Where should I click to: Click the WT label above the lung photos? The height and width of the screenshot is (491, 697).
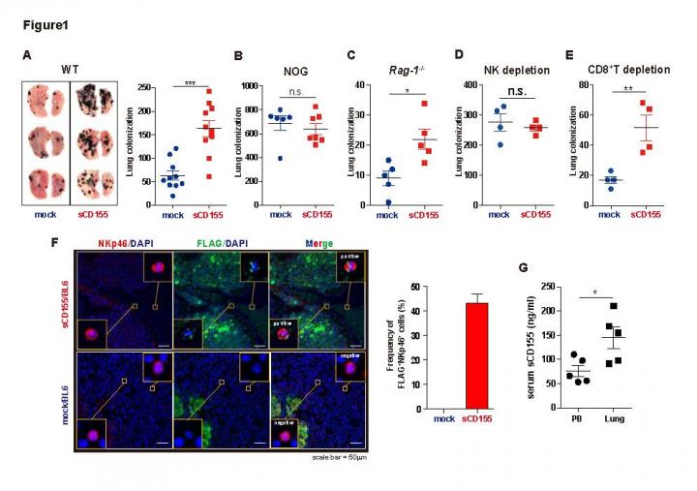(x=69, y=70)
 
